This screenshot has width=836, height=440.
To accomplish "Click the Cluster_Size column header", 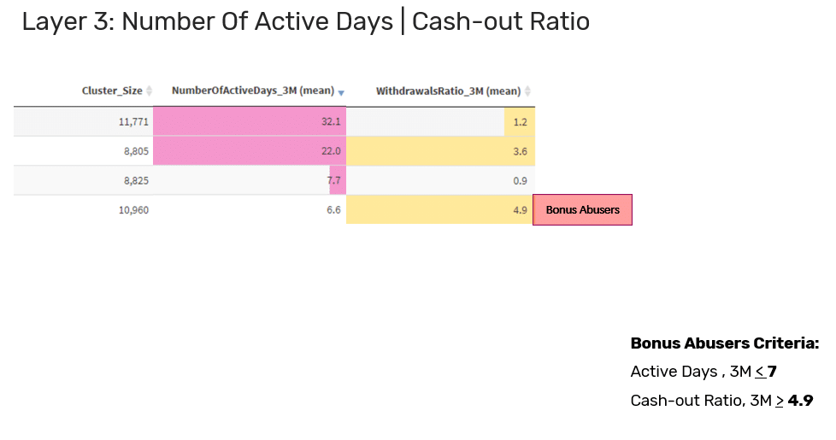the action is point(112,91).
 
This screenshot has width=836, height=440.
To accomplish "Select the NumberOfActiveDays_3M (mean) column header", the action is point(253,91).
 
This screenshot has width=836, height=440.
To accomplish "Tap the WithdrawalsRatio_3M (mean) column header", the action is point(449,91).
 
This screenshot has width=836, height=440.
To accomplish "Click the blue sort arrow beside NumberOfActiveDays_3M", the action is point(341,93).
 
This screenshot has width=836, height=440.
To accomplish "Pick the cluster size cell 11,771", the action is point(133,122).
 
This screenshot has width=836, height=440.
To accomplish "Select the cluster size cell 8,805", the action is point(137,151).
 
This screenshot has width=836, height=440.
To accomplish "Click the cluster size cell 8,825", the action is point(137,180).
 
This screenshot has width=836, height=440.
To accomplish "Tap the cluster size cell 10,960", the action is point(133,210).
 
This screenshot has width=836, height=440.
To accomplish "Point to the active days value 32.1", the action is point(331,122).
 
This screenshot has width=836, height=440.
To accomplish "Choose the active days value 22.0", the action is point(331,151).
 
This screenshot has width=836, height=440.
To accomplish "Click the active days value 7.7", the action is point(333,180).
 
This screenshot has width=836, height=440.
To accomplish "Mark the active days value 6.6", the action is point(333,210).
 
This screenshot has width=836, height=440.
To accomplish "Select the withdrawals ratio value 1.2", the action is point(520,122).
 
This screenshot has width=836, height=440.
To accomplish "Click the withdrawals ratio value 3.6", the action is point(520,151).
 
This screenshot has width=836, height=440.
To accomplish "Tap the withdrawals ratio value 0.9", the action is point(520,180).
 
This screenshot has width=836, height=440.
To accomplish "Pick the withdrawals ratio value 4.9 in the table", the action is point(520,210).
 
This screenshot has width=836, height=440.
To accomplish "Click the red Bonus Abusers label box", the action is point(582,210).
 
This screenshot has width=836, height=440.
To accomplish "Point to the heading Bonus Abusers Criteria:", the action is point(725,343).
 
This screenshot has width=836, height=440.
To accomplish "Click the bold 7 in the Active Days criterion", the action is point(772,372).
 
